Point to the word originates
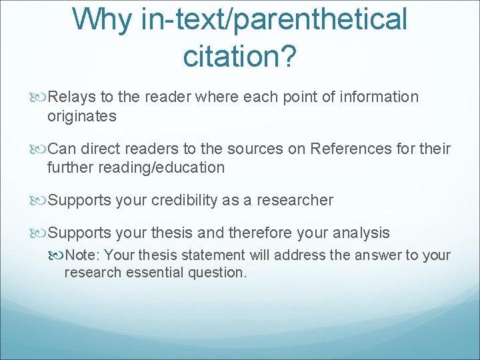click(81, 116)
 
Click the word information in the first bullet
click(378, 97)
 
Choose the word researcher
click(297, 200)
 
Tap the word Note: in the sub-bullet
click(83, 255)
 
